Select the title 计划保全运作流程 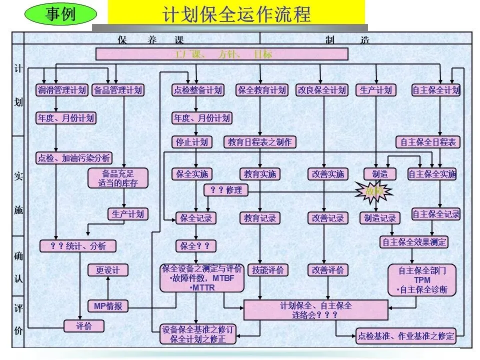236,13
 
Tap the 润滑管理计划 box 62,90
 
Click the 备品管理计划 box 118,90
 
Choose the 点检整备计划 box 197,90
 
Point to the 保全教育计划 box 262,90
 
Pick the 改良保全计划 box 321,90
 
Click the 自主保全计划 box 435,90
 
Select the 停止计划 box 191,142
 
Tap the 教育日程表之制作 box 259,142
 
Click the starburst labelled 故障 374,190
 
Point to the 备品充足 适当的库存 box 118,178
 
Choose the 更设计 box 108,270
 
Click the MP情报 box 108,306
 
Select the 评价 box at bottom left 84,326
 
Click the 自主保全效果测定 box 413,242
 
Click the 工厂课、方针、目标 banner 221,54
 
